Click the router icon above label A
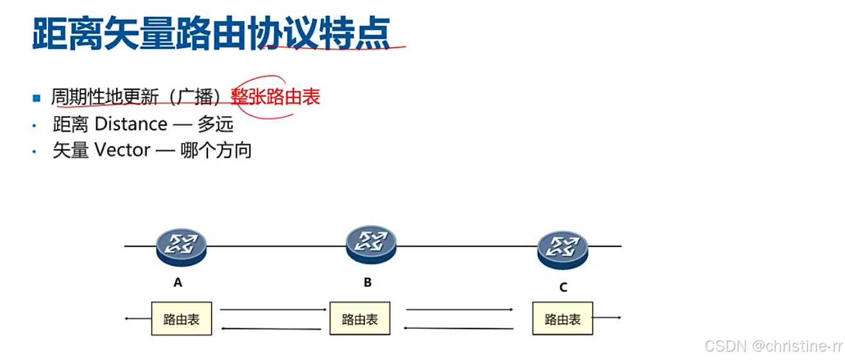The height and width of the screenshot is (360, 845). tap(181, 247)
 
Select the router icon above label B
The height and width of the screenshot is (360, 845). tap(371, 244)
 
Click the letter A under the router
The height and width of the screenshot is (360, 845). tap(178, 282)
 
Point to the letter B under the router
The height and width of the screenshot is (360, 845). tap(368, 282)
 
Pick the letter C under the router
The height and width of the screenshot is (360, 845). tap(563, 287)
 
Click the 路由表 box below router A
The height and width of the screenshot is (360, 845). tap(182, 318)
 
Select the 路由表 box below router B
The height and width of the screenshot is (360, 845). tap(360, 318)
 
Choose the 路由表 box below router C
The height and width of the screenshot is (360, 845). tap(563, 318)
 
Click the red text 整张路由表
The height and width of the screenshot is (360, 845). tap(275, 97)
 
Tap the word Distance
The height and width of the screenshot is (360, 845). tap(131, 124)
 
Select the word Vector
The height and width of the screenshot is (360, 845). tap(123, 150)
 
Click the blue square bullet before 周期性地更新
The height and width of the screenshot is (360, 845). tap(36, 98)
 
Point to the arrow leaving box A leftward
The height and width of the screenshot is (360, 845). tap(137, 318)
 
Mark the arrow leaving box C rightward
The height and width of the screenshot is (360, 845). tap(607, 318)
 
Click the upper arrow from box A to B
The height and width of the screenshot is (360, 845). tap(273, 309)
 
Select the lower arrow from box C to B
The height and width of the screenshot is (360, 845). tap(459, 329)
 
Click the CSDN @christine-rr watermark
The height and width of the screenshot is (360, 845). tap(772, 346)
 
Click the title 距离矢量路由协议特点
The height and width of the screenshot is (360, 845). tap(211, 33)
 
